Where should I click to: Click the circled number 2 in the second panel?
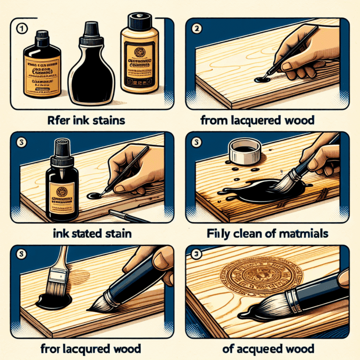[197, 28]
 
